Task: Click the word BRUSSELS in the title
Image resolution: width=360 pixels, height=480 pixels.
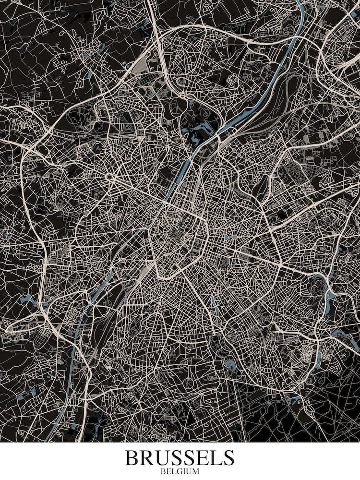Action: (x=180, y=458)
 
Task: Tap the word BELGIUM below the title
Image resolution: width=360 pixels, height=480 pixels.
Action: (x=180, y=471)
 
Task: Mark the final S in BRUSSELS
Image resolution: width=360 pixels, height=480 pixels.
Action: (x=228, y=458)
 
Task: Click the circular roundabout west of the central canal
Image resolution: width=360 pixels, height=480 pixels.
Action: (x=110, y=177)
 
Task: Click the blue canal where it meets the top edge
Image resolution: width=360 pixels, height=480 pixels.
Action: (x=301, y=4)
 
